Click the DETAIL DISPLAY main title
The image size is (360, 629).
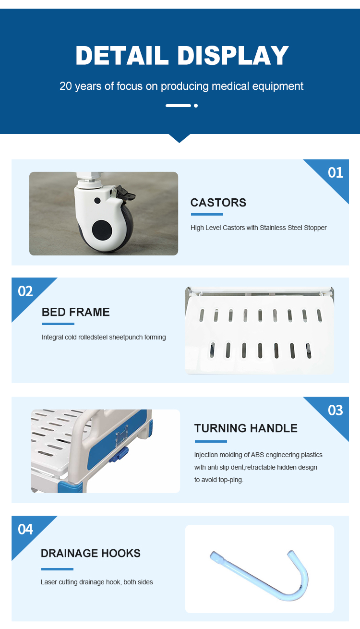coord(182,55)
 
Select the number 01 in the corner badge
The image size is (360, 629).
coord(336,172)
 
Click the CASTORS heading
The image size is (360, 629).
coord(218,203)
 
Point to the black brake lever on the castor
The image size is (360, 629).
coord(125,194)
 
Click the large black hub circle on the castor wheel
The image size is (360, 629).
coord(102,230)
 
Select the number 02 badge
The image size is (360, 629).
coord(25,291)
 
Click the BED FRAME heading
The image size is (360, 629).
coord(76,312)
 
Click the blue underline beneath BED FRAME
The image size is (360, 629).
coord(58,324)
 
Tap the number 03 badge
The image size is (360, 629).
coord(336,410)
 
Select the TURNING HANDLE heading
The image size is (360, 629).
coord(246,428)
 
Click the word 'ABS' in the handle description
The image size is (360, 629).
coord(257,455)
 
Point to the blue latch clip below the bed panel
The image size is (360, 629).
coord(119,455)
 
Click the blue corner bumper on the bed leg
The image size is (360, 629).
coord(70,487)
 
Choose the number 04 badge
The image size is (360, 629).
coord(25,529)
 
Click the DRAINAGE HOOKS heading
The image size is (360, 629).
coord(91,553)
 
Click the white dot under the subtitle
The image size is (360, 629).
coord(196,106)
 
